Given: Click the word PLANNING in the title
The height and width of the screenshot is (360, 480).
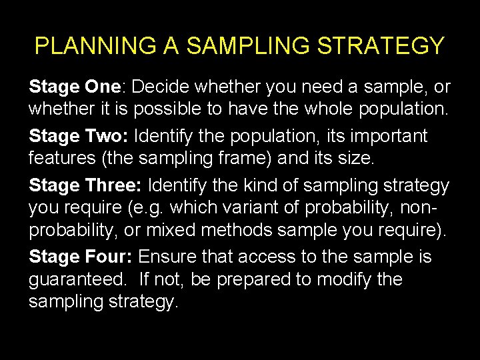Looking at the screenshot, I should coord(86,46).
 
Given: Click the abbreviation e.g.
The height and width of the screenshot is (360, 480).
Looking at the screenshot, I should coord(147,207).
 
